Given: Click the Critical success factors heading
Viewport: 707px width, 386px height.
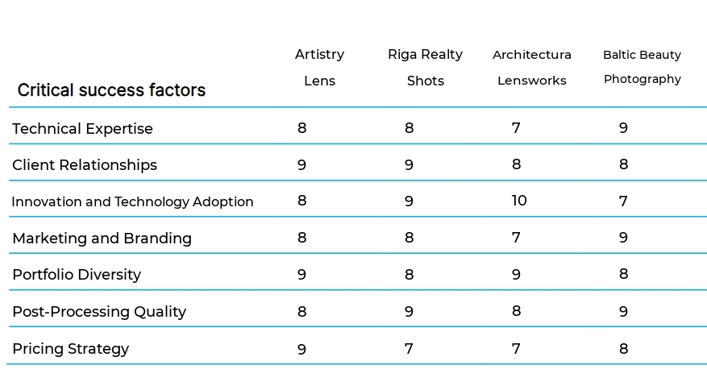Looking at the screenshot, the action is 111,90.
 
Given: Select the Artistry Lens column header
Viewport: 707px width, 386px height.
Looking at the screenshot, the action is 320,67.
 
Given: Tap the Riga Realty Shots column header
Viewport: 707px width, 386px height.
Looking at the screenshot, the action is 425,67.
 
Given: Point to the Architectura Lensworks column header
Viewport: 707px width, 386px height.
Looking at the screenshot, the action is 532,67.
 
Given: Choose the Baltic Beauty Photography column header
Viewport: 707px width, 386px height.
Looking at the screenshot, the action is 643,67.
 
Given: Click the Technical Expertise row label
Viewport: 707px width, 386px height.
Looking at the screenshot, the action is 82,129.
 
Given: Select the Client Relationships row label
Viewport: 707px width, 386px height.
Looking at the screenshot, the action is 85,165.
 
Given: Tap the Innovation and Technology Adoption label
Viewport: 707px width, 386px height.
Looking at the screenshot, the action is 132,201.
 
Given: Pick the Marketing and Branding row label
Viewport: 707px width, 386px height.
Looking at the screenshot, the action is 102,238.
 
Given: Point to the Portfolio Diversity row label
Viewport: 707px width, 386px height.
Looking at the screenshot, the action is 77,275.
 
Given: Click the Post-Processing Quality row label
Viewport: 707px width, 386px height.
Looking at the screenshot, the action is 99,312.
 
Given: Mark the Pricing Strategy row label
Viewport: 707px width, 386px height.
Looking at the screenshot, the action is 70,349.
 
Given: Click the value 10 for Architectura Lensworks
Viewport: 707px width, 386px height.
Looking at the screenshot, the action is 519,201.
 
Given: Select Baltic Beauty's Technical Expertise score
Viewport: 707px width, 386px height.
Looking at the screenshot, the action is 624,128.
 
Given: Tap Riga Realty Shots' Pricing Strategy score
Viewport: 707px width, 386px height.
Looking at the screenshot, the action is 409,349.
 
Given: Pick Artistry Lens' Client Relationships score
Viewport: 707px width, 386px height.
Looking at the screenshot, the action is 302,165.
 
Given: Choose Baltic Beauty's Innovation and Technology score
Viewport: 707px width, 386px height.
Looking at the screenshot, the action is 624,201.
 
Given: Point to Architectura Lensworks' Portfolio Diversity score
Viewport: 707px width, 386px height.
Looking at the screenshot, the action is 516,275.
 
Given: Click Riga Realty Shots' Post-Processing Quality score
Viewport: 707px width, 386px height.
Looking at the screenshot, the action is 409,312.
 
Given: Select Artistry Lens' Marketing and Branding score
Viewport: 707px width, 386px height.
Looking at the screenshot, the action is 302,238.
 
